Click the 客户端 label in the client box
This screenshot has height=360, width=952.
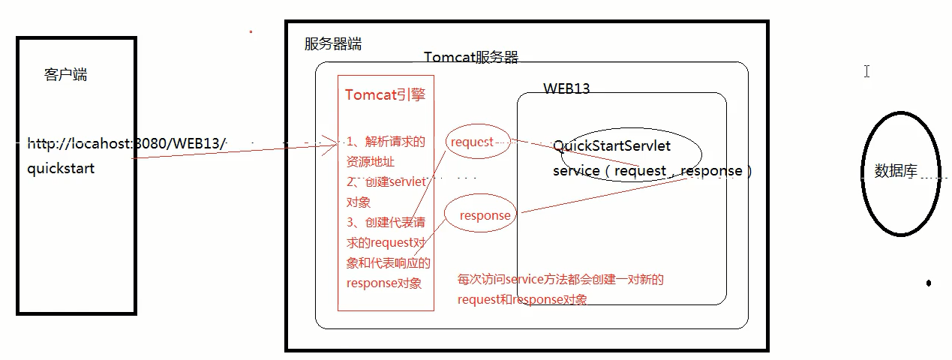point(66,75)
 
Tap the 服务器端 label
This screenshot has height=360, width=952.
point(332,44)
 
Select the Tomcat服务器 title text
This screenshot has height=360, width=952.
point(471,58)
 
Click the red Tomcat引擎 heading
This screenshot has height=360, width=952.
point(386,95)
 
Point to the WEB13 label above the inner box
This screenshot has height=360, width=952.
point(566,88)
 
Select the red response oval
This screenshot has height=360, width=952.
point(485,215)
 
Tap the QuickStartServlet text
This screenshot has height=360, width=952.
point(611,145)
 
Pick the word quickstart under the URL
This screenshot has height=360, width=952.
point(61,169)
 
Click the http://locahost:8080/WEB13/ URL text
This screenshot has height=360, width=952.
point(127,142)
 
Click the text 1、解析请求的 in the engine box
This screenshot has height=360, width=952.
point(386,141)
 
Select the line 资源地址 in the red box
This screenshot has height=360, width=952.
point(370,161)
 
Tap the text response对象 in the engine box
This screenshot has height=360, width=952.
point(384,283)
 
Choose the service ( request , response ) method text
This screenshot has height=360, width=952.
point(652,171)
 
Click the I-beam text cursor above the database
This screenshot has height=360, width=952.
point(866,71)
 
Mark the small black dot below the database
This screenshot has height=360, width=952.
point(929,283)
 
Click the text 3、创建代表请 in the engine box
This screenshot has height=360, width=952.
point(386,223)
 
